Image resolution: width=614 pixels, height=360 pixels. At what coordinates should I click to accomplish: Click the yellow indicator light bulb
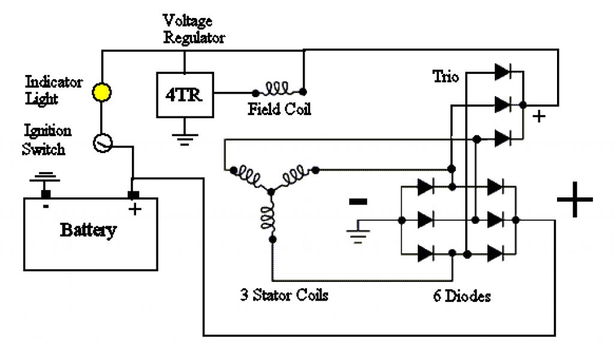pyautogui.click(x=101, y=92)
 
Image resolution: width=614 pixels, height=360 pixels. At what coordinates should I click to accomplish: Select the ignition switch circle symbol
pyautogui.click(x=103, y=143)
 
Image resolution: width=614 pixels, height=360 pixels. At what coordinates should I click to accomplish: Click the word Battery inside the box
pyautogui.click(x=88, y=230)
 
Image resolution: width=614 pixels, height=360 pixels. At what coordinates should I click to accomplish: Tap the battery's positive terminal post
pyautogui.click(x=133, y=195)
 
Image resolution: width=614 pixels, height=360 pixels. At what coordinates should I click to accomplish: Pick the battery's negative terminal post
pyautogui.click(x=45, y=194)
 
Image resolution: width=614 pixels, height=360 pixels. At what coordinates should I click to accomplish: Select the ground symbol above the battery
pyautogui.click(x=45, y=178)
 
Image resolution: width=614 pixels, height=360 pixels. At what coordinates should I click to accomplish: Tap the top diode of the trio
pyautogui.click(x=502, y=73)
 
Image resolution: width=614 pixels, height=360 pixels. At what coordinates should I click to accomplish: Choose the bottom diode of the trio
pyautogui.click(x=502, y=138)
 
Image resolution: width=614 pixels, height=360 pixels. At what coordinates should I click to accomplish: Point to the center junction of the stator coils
pyautogui.click(x=270, y=191)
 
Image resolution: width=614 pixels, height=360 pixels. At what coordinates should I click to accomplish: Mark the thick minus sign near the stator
pyautogui.click(x=357, y=202)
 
